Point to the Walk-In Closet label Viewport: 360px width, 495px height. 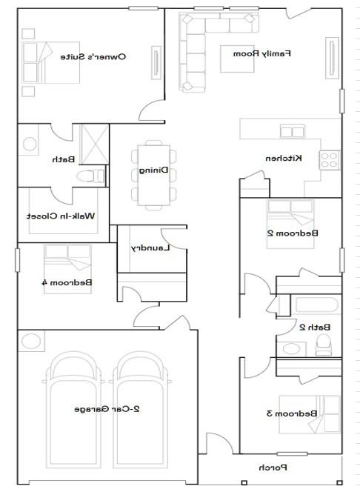(61, 216)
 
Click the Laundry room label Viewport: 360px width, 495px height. (151, 248)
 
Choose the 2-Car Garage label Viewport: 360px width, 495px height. (109, 408)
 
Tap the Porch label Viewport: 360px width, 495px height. (272, 468)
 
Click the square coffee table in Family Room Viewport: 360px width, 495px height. (236, 59)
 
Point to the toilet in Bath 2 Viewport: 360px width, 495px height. (323, 344)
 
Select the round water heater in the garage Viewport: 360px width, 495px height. (31, 342)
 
